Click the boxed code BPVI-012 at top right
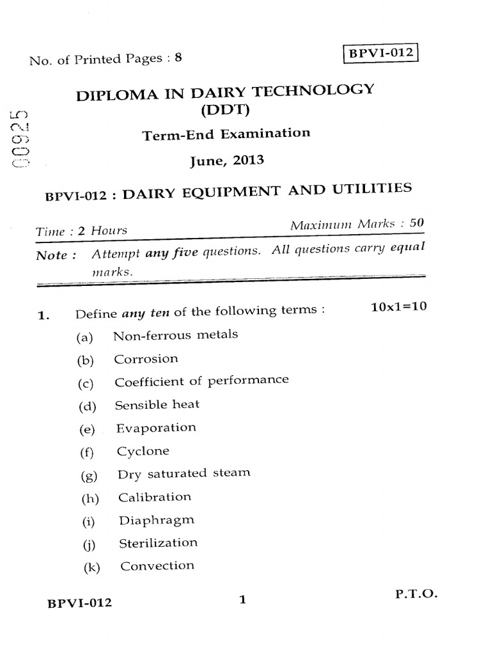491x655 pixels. [380, 52]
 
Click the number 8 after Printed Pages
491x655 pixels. [179, 58]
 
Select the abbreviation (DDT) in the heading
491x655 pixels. [224, 110]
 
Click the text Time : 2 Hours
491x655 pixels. [81, 231]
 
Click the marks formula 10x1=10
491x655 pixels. [398, 306]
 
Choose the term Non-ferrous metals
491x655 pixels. [175, 335]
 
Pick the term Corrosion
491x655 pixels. [146, 358]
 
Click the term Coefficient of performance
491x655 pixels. [201, 381]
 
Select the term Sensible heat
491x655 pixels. [157, 405]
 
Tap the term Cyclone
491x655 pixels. [143, 451]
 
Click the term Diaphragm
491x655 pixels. [157, 520]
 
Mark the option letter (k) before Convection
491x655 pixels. [93, 567]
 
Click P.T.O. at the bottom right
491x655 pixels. [416, 594]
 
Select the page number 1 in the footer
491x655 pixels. [242, 600]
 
